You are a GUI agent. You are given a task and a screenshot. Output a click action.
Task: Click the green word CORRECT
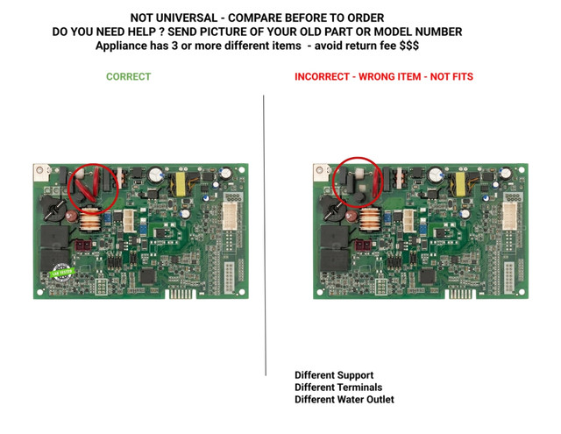pyautogui.click(x=129, y=76)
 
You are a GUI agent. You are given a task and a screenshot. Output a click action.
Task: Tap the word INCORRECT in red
pyautogui.click(x=322, y=76)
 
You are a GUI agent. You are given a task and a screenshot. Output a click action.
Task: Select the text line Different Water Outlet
pyautogui.click(x=344, y=399)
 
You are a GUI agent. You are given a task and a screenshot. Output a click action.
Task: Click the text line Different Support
pyautogui.click(x=334, y=375)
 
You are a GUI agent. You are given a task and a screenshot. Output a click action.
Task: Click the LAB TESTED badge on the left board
pyautogui.click(x=62, y=273)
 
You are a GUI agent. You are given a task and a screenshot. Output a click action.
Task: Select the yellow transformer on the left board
pyautogui.click(x=181, y=184)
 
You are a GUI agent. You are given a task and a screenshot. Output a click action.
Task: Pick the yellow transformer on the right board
pyautogui.click(x=460, y=184)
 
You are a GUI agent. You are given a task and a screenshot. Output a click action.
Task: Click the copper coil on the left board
pyautogui.click(x=90, y=220)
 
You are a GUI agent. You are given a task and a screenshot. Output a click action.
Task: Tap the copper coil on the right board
pyautogui.click(x=370, y=220)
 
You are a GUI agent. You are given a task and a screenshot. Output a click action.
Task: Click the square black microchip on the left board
pyautogui.click(x=147, y=276)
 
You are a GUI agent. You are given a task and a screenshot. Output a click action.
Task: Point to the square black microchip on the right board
pyautogui.click(x=427, y=276)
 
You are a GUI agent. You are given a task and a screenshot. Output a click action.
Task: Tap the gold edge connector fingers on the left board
pyautogui.click(x=181, y=294)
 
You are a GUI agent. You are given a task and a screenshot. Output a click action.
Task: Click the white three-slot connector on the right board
pyautogui.click(x=408, y=220)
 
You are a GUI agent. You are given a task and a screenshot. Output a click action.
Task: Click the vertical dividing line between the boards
pyautogui.click(x=265, y=236)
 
